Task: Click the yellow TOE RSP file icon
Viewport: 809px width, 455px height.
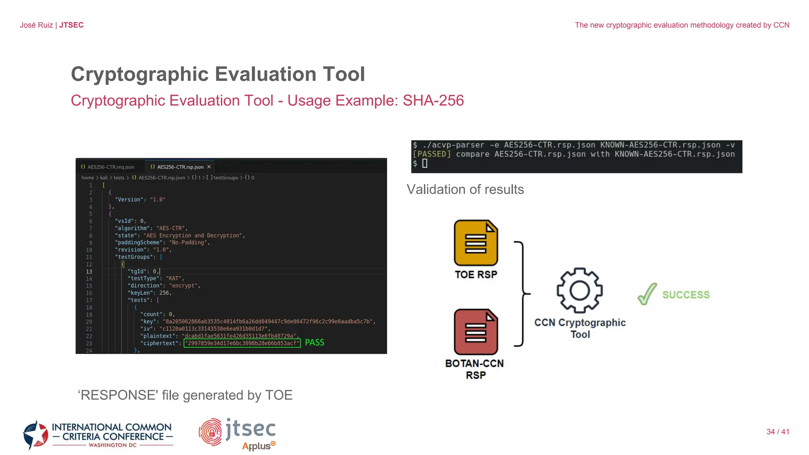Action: pos(476,243)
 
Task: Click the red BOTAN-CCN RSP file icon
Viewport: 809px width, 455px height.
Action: pos(476,332)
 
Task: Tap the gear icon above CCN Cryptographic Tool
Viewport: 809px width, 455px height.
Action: pos(579,291)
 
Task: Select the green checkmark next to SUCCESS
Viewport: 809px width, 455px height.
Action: pos(647,294)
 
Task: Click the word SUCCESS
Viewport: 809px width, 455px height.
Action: pos(686,295)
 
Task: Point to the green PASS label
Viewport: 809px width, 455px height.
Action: pos(314,342)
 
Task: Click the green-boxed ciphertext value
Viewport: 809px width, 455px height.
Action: pos(242,343)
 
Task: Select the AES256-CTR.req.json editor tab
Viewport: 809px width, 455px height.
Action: pos(108,167)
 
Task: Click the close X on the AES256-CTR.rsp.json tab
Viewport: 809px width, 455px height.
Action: pos(209,167)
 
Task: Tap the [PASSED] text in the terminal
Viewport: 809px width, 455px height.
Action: pos(431,154)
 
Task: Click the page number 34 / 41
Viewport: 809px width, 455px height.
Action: pos(777,432)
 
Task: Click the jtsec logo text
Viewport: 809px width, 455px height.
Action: pos(250,429)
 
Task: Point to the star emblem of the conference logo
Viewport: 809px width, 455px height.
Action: pos(36,435)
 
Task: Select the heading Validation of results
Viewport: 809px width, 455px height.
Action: pos(465,190)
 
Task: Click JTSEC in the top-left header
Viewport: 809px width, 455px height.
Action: pos(71,25)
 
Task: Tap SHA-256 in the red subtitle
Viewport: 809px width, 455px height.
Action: pos(433,101)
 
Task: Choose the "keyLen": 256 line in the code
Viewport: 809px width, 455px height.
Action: pos(149,293)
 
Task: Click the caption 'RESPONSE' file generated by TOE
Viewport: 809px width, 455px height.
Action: pos(185,395)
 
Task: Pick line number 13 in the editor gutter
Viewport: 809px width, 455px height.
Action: pos(89,272)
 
